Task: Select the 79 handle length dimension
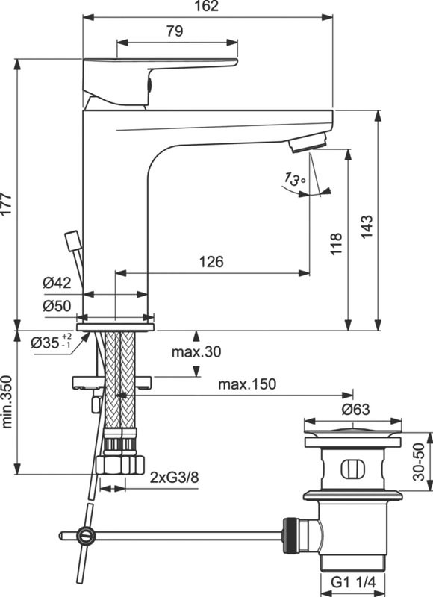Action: pos(174,31)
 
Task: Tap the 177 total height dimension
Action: pos(7,204)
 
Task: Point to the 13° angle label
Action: pos(295,179)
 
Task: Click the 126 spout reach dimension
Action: pos(211,262)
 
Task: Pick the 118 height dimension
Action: pos(336,243)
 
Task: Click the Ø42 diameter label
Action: pos(57,283)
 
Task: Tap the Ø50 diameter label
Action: pos(57,306)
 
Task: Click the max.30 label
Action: pos(196,351)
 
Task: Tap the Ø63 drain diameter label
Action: pos(356,409)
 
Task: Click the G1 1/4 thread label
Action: pos(353,582)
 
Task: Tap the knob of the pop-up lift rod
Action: pos(72,242)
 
